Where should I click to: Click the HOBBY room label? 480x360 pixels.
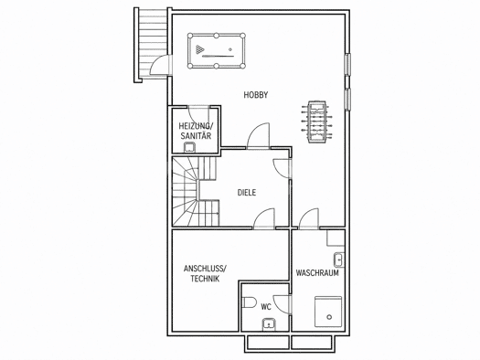click(x=256, y=95)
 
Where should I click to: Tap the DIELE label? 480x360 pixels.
click(x=247, y=193)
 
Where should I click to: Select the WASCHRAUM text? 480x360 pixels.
click(x=317, y=273)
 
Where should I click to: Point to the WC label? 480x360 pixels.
click(x=266, y=307)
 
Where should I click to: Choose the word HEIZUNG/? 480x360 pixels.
click(x=196, y=126)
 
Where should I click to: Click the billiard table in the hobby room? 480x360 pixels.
click(x=217, y=51)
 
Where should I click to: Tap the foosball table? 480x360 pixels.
click(x=315, y=122)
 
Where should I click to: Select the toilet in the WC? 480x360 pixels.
click(x=249, y=302)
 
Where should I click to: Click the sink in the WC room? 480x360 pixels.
click(x=269, y=324)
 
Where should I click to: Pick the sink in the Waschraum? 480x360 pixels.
click(x=339, y=260)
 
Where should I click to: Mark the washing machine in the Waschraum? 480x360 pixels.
click(x=328, y=312)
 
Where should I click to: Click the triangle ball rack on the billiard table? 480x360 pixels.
click(x=199, y=49)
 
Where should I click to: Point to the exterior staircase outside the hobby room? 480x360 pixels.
click(x=151, y=45)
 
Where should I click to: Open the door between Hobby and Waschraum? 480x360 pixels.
click(x=309, y=218)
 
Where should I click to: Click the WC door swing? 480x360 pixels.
click(x=283, y=304)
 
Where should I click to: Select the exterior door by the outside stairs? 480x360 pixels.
click(x=160, y=65)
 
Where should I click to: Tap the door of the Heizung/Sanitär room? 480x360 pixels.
click(x=199, y=115)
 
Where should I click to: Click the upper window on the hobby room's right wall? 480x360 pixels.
click(x=348, y=64)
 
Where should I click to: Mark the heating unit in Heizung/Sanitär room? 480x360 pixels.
click(x=190, y=147)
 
